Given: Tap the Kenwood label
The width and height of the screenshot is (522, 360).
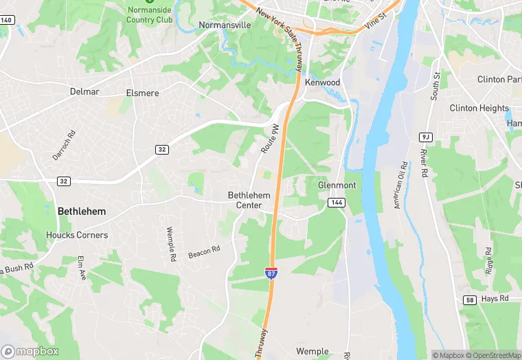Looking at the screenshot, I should pyautogui.click(x=323, y=82).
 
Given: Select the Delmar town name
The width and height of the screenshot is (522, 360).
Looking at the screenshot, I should pyautogui.click(x=84, y=91).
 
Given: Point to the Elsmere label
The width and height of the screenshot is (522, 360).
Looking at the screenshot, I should pyautogui.click(x=142, y=93).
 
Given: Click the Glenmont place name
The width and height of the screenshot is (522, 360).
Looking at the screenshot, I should pyautogui.click(x=337, y=185).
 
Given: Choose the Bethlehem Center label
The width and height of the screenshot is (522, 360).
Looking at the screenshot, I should pyautogui.click(x=249, y=200).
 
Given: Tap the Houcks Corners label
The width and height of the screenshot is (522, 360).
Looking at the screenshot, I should pyautogui.click(x=77, y=235).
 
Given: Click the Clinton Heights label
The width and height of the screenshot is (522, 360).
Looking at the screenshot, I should pyautogui.click(x=479, y=109).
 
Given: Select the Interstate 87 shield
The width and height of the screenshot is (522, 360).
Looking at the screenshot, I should pyautogui.click(x=272, y=273).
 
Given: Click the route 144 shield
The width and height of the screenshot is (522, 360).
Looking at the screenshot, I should pyautogui.click(x=337, y=203).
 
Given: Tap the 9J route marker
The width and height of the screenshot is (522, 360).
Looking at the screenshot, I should pyautogui.click(x=424, y=137).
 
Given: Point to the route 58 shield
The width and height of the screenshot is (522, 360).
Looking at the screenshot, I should pyautogui.click(x=470, y=300).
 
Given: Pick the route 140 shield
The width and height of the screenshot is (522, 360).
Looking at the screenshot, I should pyautogui.click(x=6, y=20).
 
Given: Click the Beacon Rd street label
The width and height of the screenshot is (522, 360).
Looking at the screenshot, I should pyautogui.click(x=204, y=252).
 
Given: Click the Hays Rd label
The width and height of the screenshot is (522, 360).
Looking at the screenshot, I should pyautogui.click(x=495, y=299).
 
